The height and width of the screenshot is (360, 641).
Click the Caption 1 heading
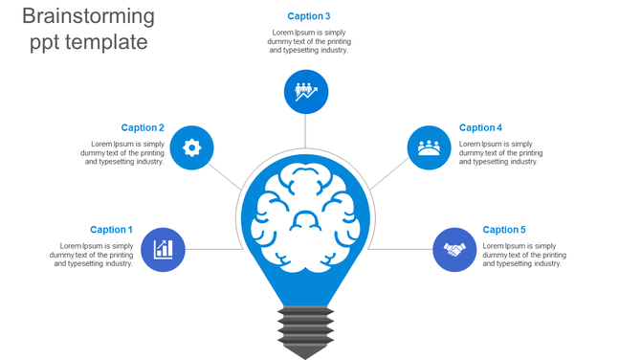coord(111,230)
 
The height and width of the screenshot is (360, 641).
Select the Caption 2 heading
coord(143,127)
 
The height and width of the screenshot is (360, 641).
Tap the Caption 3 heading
coord(309,16)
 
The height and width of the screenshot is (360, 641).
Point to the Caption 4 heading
coord(480,127)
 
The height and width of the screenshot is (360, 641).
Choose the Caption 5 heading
coord(504,230)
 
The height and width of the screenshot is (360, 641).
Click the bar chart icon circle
coord(163,250)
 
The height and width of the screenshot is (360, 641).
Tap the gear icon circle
coord(191,147)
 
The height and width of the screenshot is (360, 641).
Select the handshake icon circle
coord(454,250)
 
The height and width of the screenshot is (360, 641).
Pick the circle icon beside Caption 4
coord(429,147)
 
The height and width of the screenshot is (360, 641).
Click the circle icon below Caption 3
coord(306,92)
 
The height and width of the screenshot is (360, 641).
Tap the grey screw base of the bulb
coord(305,329)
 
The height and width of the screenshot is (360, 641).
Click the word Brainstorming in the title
coord(87,16)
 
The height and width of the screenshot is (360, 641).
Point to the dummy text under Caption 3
coord(309,41)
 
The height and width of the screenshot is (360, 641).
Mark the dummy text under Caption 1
coord(92,255)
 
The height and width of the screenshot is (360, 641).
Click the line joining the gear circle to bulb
coord(227,176)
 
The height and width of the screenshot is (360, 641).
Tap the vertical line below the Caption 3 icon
coord(306,131)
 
